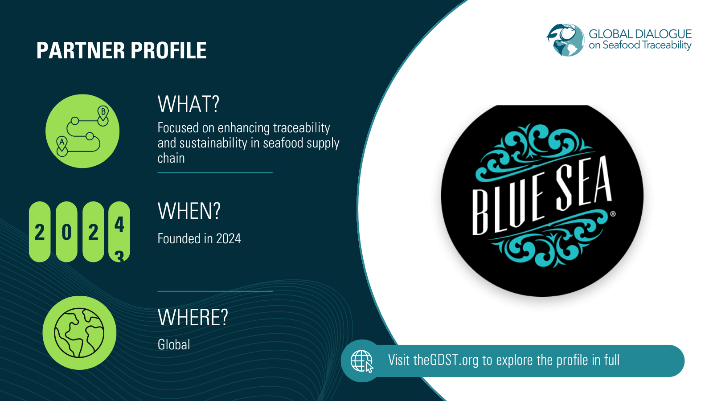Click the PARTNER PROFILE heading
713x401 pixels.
point(121,50)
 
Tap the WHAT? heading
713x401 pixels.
point(188,104)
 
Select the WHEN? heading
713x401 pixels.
point(189,211)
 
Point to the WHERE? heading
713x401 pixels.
point(193,318)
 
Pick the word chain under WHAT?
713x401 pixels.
point(171,158)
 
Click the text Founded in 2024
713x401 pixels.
point(199,239)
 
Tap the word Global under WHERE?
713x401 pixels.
point(174,344)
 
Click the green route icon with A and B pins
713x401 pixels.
point(82,131)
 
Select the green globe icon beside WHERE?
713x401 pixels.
point(79,333)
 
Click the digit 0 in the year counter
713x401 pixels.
point(66,232)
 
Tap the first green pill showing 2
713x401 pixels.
point(40,232)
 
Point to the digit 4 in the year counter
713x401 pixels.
point(119,225)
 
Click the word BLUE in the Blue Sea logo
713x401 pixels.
point(508,205)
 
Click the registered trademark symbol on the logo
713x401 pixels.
point(613,214)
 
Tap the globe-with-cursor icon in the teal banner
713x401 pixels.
point(362,361)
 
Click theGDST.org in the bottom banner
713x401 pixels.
point(446,360)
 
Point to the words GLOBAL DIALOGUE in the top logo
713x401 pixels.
point(640,34)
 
